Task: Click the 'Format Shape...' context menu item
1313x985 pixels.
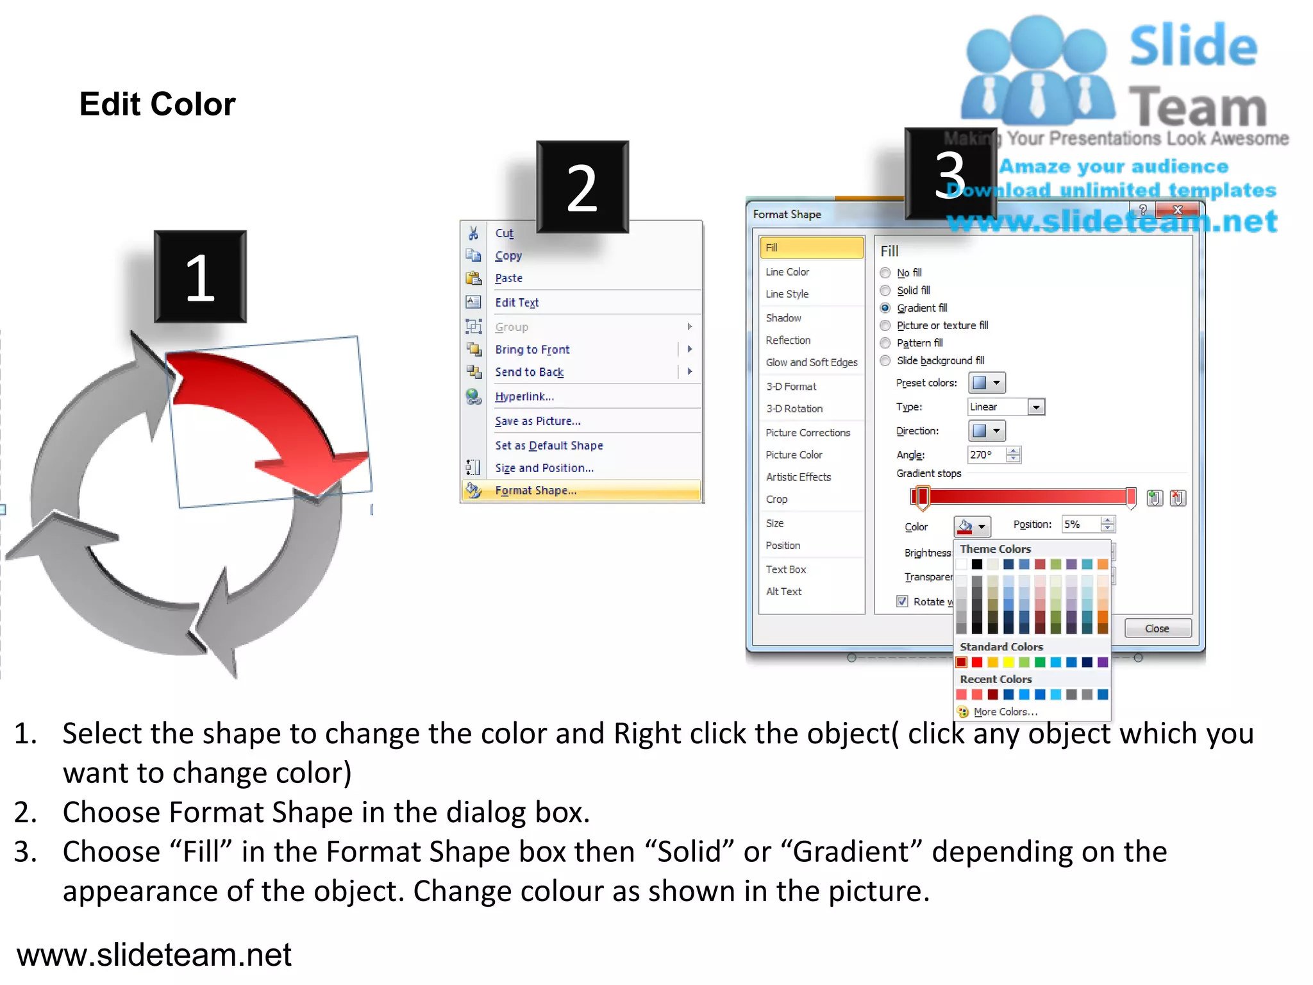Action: [x=535, y=491]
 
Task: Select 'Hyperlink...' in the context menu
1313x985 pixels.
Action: [x=524, y=396]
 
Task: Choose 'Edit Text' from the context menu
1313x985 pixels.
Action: [x=517, y=303]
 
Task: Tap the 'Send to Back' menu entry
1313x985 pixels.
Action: [x=529, y=372]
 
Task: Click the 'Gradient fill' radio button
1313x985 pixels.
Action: [x=885, y=308]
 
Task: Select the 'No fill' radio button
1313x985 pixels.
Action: [x=885, y=273]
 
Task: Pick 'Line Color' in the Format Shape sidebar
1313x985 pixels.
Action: [x=787, y=272]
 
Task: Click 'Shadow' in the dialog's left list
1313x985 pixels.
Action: [x=783, y=318]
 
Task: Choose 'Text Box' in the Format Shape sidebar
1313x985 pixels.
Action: [x=786, y=569]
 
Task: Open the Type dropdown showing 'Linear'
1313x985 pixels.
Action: [x=1036, y=407]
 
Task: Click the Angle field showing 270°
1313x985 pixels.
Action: [x=987, y=455]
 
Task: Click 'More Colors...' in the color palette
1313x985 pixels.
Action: [x=1005, y=712]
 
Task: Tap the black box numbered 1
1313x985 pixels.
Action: [x=200, y=276]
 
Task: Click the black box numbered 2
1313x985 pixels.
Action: [x=582, y=187]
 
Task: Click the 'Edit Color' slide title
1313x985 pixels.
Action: [x=158, y=104]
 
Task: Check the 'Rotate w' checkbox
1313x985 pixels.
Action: [x=903, y=602]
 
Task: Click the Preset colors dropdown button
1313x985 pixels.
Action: [x=986, y=383]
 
